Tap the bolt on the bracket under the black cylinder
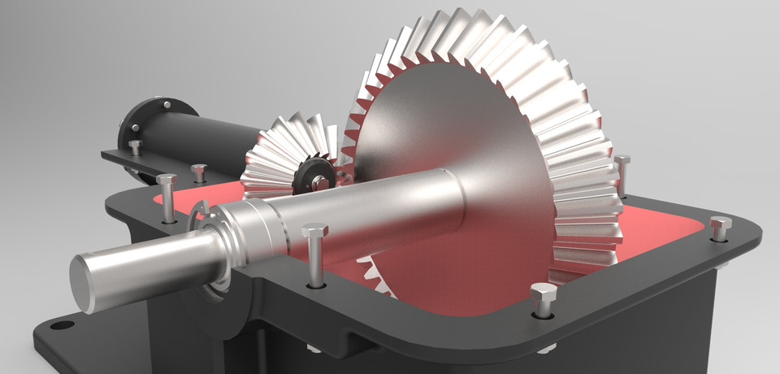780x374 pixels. coord(135,147)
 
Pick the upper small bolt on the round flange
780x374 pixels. coord(167,106)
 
